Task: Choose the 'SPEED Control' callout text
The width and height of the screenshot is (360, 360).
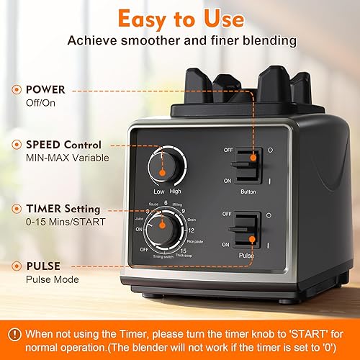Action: [63, 145]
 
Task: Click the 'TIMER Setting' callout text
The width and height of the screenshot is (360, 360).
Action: [63, 209]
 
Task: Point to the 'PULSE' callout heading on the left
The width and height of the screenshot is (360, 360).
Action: [42, 266]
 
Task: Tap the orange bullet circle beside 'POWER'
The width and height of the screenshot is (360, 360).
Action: [15, 91]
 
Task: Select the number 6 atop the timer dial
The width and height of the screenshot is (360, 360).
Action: [166, 204]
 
